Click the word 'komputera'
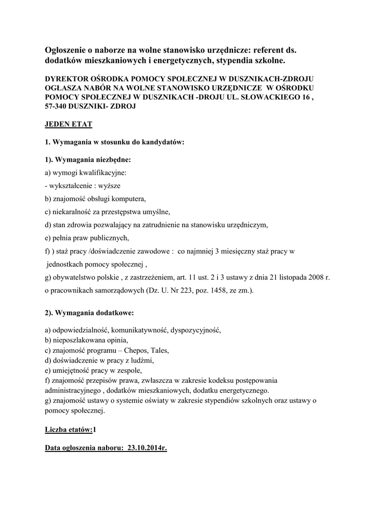tap(129, 198)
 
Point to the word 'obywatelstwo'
tap(75, 278)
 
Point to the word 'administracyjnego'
tap(72, 390)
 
